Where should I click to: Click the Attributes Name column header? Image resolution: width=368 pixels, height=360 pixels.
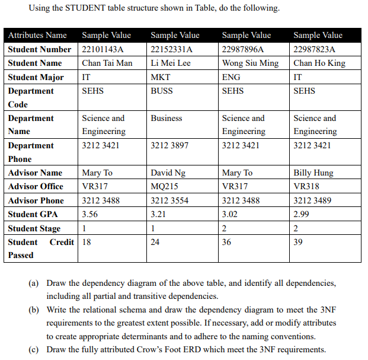37,36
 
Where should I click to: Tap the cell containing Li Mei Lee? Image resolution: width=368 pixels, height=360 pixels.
171,63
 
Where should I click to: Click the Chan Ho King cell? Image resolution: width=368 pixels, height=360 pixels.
319,63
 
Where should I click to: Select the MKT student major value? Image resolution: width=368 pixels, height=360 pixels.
161,77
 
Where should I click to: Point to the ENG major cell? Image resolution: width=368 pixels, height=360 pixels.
231,77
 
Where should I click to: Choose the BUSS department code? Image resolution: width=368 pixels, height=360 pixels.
162,91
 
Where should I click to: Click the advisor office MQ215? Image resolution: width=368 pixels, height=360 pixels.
165,186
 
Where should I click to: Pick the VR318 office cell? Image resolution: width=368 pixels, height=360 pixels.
306,186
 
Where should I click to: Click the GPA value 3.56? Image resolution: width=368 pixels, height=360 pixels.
90,214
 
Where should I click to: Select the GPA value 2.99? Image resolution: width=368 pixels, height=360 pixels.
302,214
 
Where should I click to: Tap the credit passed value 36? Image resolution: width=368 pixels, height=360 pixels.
227,242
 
